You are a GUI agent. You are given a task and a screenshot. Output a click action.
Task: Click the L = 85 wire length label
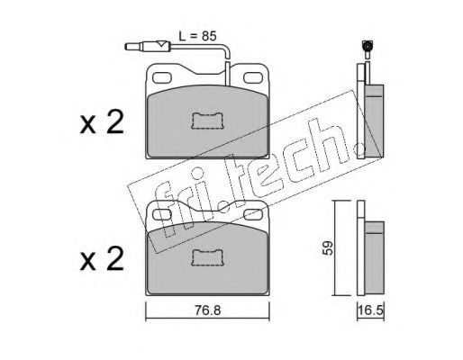coord(197,36)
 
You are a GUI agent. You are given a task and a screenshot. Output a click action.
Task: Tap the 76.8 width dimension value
coord(207,310)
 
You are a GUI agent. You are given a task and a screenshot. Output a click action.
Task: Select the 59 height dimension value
coord(328,247)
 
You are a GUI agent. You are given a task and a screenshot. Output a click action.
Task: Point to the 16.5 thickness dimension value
coord(370,310)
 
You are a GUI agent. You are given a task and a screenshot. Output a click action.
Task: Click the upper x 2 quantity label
coord(102,122)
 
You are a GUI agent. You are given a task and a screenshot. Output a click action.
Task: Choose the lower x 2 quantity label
coord(102,259)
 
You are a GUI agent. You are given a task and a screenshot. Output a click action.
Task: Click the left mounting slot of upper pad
coord(162,78)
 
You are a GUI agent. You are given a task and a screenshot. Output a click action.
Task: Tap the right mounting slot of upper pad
coord(253,78)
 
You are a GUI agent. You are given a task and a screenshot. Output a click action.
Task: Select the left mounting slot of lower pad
coord(162,215)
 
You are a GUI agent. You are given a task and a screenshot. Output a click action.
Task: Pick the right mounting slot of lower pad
coord(253,215)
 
